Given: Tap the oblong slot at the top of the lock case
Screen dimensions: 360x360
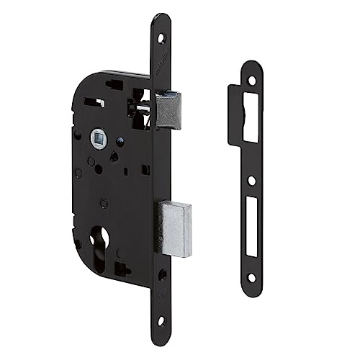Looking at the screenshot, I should pyautogui.click(x=119, y=84).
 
